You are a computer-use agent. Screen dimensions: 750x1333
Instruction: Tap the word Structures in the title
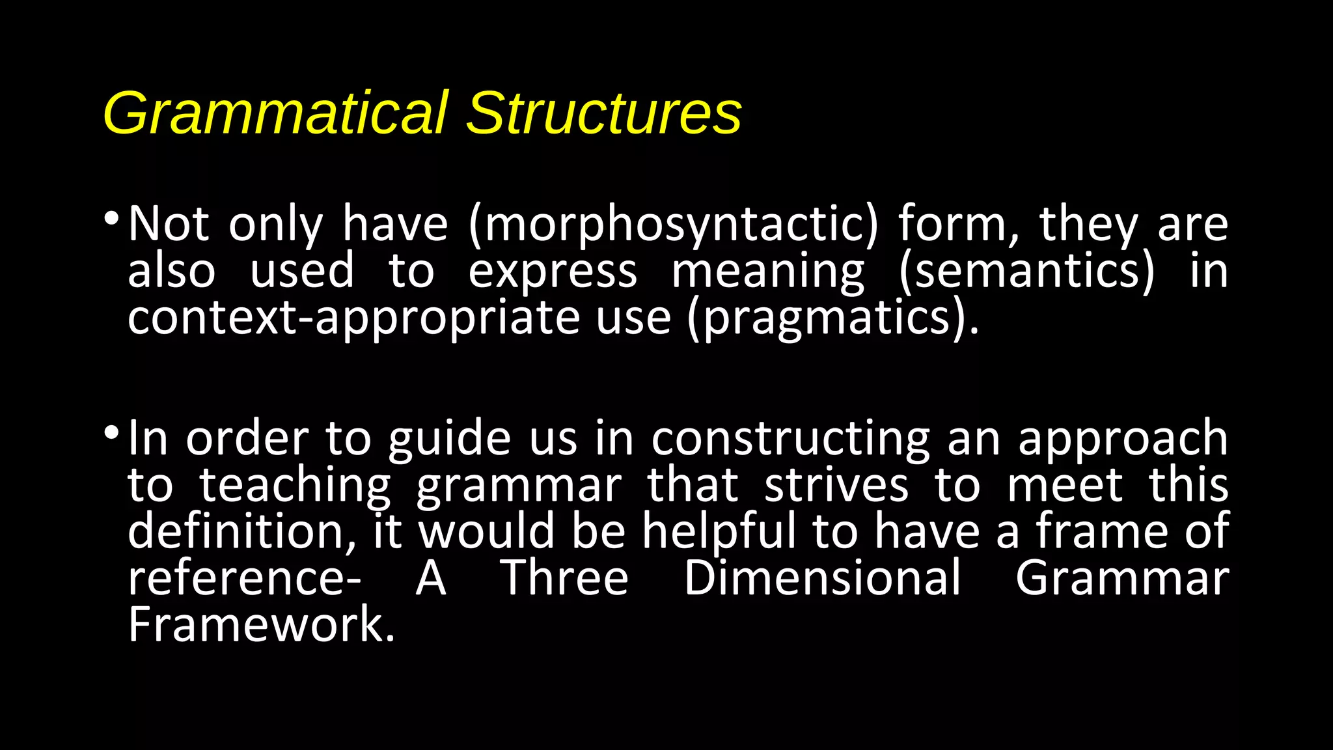pos(604,113)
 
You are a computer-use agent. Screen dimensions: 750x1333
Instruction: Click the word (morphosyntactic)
pos(673,225)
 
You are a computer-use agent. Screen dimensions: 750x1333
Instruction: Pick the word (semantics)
pos(1026,271)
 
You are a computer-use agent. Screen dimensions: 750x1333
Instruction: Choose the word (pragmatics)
pos(833,318)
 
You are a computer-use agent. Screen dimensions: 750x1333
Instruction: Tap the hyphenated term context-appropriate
pos(354,318)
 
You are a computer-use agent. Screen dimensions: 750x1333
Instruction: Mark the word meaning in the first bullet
pos(768,271)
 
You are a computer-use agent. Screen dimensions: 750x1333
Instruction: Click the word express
pos(553,271)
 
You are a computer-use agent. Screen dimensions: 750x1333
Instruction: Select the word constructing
pos(791,439)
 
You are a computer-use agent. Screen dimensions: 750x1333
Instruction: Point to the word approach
pos(1123,439)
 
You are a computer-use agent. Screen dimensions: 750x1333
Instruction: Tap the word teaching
pos(295,486)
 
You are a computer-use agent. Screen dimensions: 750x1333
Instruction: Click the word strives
pos(836,486)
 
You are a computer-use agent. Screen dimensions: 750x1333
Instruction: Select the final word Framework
pos(261,625)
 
